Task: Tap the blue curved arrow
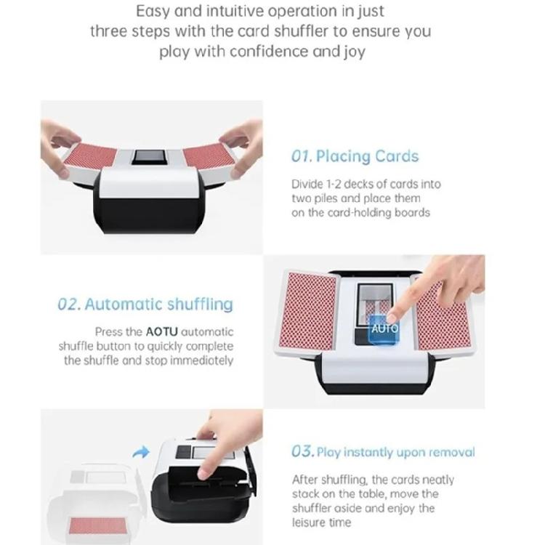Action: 141,452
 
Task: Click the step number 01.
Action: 302,156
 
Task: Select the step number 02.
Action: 69,304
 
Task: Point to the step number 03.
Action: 303,451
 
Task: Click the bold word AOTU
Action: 161,332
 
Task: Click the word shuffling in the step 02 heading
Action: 200,304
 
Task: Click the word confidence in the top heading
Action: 269,52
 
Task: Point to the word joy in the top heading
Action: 355,52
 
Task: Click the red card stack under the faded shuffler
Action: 98,525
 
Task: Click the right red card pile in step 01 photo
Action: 209,156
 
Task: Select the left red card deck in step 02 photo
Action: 308,310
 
